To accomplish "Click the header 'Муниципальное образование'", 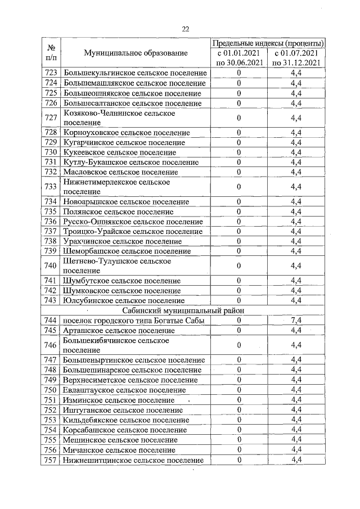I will (135, 53).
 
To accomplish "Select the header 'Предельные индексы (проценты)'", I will (268, 43).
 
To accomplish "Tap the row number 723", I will (51, 73).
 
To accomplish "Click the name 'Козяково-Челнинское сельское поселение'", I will (119, 118).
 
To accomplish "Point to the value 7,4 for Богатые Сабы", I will (297, 320).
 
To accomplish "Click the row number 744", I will (51, 320).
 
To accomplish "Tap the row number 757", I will (51, 460).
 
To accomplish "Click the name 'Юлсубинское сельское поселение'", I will (123, 300).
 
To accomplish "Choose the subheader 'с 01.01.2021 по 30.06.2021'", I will (239, 58).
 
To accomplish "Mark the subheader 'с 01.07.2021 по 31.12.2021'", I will (297, 58).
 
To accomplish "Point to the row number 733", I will (51, 187).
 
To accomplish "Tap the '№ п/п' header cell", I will (51, 53).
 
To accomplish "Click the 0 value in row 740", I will (239, 266).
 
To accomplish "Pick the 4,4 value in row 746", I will (297, 345).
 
